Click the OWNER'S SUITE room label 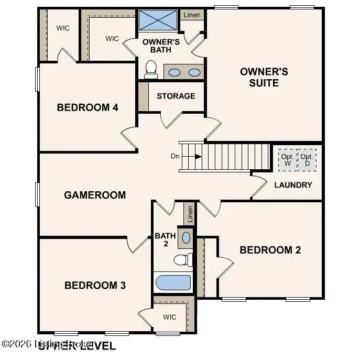click(264, 77)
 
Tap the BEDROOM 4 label click(88, 107)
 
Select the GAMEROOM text click(95, 195)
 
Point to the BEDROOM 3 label click(95, 285)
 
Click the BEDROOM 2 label click(270, 250)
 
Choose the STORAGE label click(176, 96)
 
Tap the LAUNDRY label click(293, 184)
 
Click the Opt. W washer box click(287, 160)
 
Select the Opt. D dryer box click(307, 160)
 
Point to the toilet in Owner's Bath click(151, 69)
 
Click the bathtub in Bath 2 click(173, 282)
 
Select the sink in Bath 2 click(186, 238)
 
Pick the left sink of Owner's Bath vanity click(174, 72)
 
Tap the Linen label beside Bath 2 click(190, 213)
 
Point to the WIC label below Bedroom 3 click(169, 317)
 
